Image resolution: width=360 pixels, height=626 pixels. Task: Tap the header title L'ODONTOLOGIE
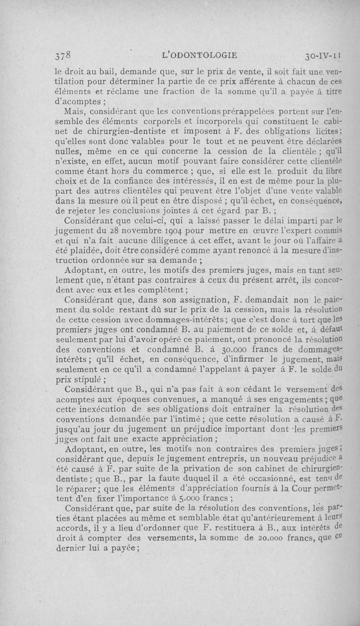[x=199, y=55]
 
